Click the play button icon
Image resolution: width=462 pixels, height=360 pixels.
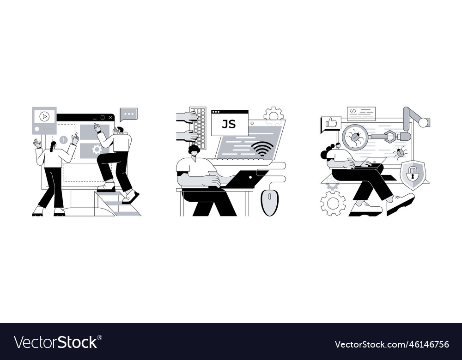(44, 117)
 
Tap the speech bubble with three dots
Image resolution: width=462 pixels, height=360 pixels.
(129, 114)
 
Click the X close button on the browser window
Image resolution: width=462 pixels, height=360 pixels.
(110, 118)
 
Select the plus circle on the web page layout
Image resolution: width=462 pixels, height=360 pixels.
(64, 140)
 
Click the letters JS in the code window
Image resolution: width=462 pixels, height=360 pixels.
(229, 125)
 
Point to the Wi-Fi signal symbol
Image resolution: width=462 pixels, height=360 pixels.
(262, 149)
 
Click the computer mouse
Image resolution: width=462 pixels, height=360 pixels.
(269, 203)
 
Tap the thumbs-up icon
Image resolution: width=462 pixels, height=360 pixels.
(331, 123)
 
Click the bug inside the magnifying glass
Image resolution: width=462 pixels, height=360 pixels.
(355, 138)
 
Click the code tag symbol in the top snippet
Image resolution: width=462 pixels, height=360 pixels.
(353, 111)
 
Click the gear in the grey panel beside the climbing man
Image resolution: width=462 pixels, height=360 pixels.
(97, 150)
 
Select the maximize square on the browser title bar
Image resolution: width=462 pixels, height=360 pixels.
(103, 117)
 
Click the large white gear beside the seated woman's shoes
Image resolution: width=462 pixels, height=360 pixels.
(333, 203)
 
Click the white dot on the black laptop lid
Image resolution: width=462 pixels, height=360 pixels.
(250, 178)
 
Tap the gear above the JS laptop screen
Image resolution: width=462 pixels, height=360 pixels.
(273, 114)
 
